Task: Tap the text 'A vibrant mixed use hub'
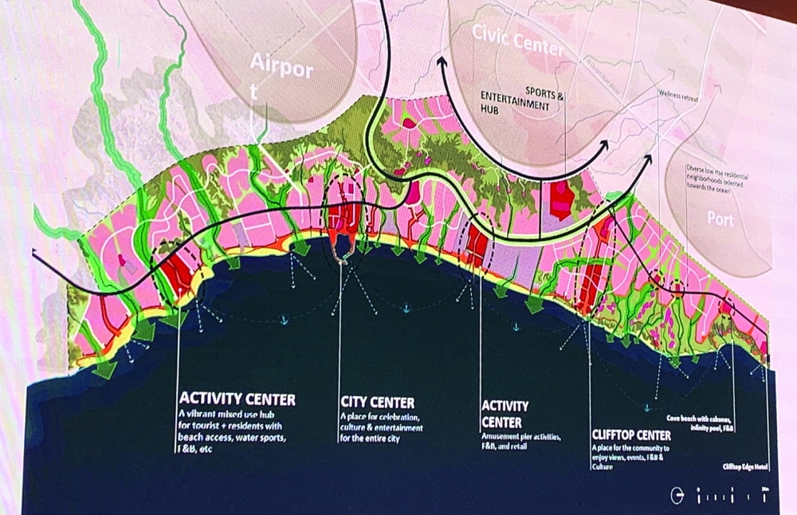click(231, 414)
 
